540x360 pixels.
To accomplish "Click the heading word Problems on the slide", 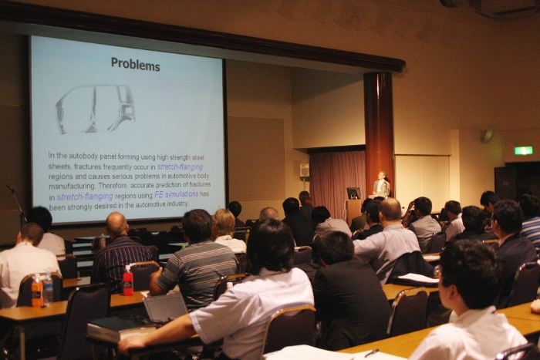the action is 135,64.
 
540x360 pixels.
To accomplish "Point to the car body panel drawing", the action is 96,109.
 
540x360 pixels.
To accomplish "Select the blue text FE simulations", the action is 177,194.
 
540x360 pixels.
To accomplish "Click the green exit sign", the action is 524,150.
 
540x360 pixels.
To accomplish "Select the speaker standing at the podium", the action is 381,184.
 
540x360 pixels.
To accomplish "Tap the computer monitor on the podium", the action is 353,193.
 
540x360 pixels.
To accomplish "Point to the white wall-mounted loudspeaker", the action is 305,170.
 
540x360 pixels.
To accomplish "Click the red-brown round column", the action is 379,131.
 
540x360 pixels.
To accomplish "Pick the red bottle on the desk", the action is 128,281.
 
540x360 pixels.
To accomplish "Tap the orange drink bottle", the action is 37,291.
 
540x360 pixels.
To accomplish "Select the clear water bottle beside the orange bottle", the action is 48,288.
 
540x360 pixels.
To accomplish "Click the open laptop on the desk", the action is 166,307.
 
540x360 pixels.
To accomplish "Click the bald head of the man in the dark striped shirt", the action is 117,223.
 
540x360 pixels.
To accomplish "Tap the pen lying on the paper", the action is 372,353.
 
